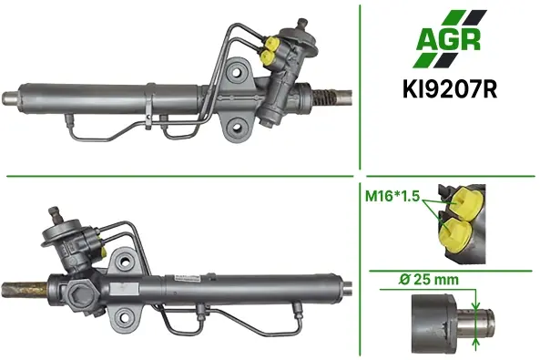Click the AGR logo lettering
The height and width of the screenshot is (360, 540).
(448, 40)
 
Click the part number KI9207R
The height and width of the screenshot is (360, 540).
(450, 90)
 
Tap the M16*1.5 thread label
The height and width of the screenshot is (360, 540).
(392, 196)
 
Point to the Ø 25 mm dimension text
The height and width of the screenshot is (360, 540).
(429, 279)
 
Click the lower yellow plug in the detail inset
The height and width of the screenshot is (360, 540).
(455, 234)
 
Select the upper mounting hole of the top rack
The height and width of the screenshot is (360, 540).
(236, 72)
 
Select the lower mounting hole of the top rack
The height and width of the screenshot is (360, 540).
(237, 128)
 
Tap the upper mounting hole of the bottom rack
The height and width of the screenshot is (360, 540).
(125, 262)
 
